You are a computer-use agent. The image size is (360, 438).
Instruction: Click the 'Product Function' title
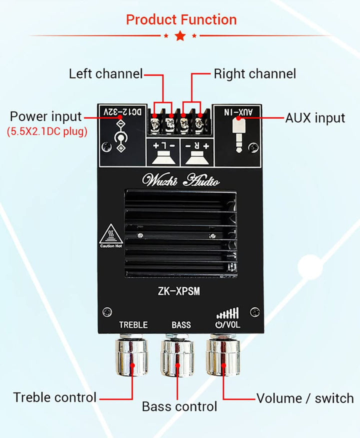coord(181,20)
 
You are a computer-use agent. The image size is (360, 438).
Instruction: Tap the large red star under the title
coord(180,36)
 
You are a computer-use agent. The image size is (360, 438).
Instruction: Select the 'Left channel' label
coord(105,74)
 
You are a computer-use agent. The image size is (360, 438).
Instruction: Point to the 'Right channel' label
coord(255,74)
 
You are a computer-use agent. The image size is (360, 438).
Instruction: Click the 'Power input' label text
coord(45,117)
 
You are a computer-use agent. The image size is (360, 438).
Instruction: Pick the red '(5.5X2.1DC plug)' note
coord(47,132)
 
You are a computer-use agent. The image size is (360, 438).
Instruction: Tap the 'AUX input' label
coord(315,118)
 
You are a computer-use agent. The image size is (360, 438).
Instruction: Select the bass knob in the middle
coord(177,357)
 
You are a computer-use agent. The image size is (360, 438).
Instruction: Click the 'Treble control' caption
coord(55,397)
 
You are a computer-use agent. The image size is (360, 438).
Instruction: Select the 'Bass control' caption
coord(179,406)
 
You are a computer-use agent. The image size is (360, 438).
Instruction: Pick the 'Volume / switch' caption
coord(305,398)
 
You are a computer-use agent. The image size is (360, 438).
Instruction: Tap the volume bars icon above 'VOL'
coord(227,313)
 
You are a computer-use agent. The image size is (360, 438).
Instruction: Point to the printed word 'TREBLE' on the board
coord(133,325)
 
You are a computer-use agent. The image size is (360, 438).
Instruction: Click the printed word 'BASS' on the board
coord(181,325)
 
